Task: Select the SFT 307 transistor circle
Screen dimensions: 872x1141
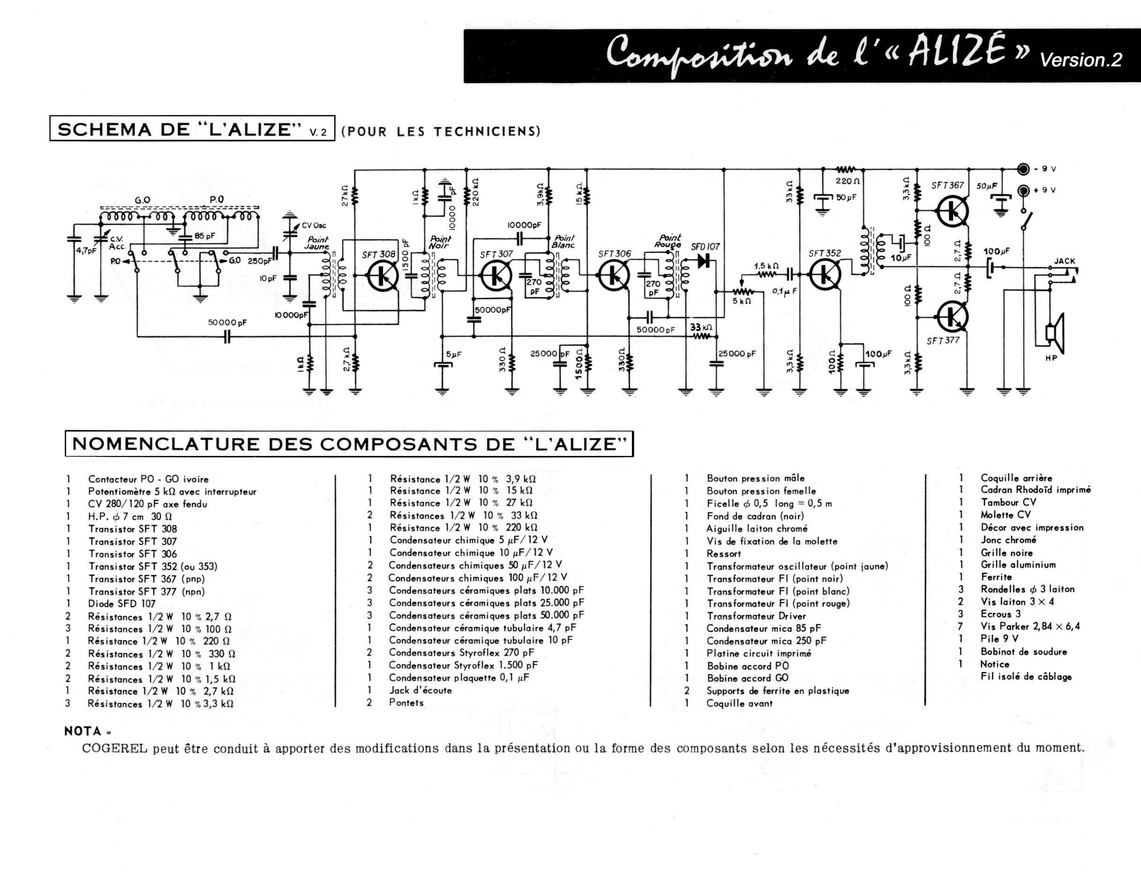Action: click(x=496, y=276)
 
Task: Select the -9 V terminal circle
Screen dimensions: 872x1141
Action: click(x=1023, y=169)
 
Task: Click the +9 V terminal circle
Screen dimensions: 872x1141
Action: click(x=1023, y=190)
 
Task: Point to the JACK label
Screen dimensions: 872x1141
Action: click(x=1064, y=261)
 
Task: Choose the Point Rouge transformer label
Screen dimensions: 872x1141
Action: click(x=668, y=241)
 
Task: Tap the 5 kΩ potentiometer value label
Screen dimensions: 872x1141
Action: click(x=742, y=301)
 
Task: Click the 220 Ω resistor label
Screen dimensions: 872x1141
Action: click(x=848, y=181)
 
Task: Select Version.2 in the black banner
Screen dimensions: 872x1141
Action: click(x=1081, y=60)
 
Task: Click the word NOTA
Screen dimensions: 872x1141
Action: click(x=83, y=731)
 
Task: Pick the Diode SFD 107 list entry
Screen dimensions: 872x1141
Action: click(x=122, y=604)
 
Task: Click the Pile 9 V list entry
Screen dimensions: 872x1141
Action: click(x=999, y=639)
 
